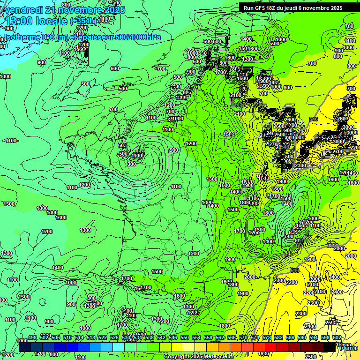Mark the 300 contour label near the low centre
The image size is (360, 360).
[131, 164]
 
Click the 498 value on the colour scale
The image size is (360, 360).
[32, 337]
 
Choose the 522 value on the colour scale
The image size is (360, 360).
[103, 337]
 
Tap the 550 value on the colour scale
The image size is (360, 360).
[185, 337]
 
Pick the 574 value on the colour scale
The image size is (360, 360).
[255, 337]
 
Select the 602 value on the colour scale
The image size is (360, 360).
[337, 337]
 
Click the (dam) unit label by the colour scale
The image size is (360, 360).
[347, 348]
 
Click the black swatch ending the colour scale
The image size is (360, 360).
[330, 347]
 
